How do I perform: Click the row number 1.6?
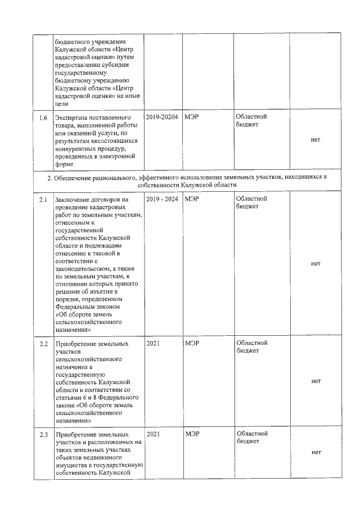tap(43, 118)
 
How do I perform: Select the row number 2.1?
tap(43, 200)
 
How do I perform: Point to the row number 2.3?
tap(43, 435)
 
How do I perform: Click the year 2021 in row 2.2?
tap(153, 343)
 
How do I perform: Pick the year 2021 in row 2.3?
tap(153, 434)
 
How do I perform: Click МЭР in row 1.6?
tap(192, 117)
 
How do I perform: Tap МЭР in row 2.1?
tap(192, 199)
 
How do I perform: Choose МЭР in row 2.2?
tap(192, 343)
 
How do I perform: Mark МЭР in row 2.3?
tap(192, 434)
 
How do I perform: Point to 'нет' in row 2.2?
tap(316, 381)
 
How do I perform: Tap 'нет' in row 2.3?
tap(316, 453)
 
